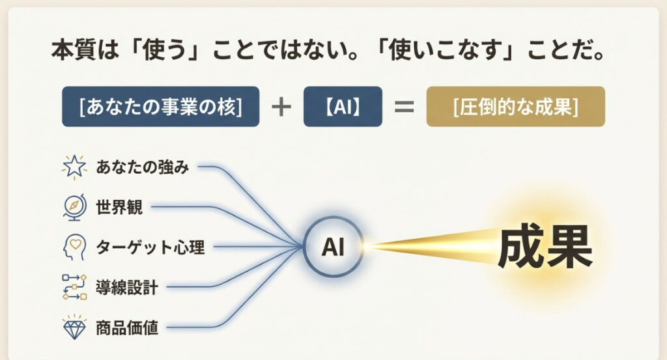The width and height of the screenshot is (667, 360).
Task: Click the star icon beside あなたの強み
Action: point(73,168)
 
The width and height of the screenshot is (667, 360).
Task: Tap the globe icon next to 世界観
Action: point(73,207)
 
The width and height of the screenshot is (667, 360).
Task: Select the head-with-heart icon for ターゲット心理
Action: point(73,247)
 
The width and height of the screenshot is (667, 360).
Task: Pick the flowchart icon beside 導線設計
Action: point(74,286)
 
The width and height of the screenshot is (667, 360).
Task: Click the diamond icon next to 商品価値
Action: point(74,325)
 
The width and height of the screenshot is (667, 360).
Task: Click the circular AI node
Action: point(333,246)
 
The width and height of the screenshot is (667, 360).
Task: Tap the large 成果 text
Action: point(545,247)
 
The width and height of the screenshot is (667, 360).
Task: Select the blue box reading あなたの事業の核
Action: point(160,106)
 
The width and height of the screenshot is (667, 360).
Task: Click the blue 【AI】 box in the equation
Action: point(343,106)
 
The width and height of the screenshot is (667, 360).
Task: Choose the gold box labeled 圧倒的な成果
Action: point(515,106)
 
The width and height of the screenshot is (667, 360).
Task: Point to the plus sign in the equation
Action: point(281,106)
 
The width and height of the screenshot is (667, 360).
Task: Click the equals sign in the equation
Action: point(404,106)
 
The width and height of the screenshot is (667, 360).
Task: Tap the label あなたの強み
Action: point(142,167)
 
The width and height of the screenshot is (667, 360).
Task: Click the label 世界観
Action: point(119,208)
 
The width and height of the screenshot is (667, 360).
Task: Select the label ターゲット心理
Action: point(150,247)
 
